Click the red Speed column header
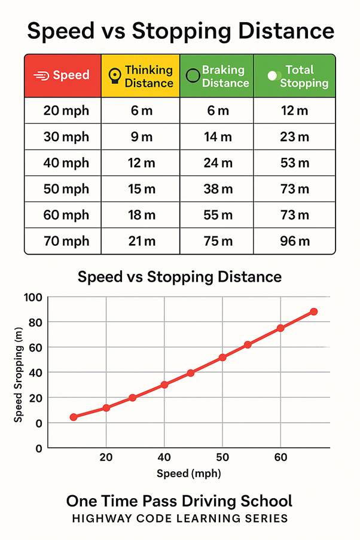click(x=63, y=75)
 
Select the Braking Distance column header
click(x=216, y=76)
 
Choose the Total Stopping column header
click(x=294, y=76)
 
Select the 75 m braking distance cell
click(x=218, y=242)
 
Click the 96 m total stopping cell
click(x=295, y=242)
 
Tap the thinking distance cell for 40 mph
click(x=141, y=163)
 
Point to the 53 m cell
click(x=295, y=163)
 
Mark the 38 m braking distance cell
click(x=218, y=190)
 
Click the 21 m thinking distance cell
click(x=141, y=242)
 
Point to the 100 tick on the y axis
click(x=33, y=297)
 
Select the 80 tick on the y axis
click(x=35, y=322)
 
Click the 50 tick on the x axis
click(x=222, y=458)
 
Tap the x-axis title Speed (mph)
click(x=188, y=474)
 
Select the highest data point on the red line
click(x=313, y=312)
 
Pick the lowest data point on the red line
click(x=74, y=417)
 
